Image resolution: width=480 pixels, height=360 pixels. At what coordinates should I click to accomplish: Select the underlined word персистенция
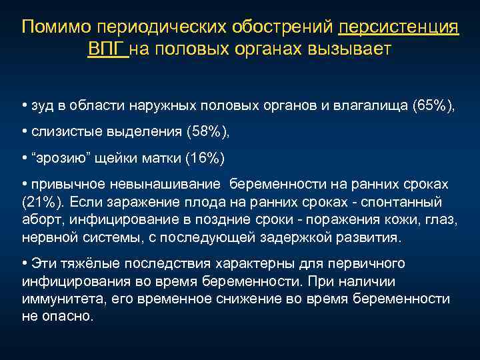pos(399,27)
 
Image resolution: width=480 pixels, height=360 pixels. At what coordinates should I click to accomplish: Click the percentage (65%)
pos(433,106)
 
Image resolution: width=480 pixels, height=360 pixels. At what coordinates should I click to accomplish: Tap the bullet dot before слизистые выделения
pos(24,132)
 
